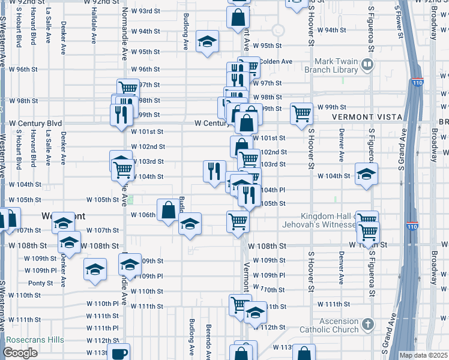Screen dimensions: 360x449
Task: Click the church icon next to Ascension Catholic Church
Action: [368, 325]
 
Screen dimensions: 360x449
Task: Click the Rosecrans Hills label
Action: [34, 340]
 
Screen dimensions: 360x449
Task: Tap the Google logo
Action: [20, 353]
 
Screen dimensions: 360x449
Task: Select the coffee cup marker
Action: [118, 353]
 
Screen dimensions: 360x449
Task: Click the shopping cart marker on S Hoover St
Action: [301, 113]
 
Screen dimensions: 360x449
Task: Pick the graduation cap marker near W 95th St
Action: [208, 41]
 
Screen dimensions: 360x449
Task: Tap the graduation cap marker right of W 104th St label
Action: [366, 174]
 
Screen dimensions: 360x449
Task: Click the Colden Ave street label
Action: [276, 61]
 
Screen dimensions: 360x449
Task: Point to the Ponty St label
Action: [40, 283]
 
